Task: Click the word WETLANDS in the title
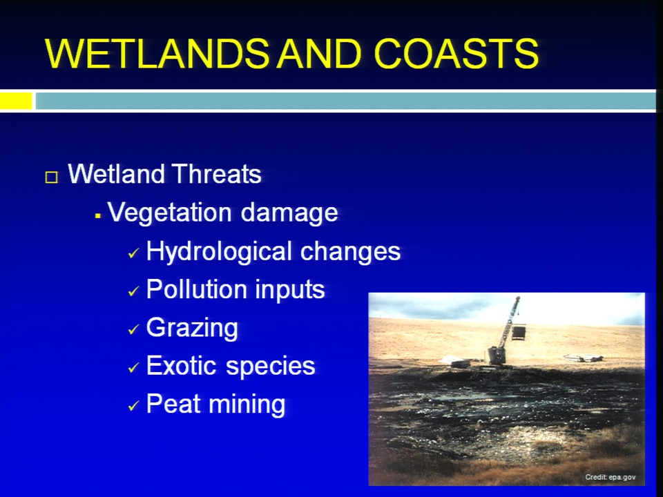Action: pyautogui.click(x=157, y=54)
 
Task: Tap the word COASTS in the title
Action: pyautogui.click(x=457, y=54)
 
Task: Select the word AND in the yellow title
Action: pyautogui.click(x=319, y=54)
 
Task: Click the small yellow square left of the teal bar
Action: pyautogui.click(x=16, y=101)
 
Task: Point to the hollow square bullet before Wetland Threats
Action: pyautogui.click(x=52, y=177)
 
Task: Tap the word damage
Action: pyautogui.click(x=289, y=213)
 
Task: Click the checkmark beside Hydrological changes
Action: pyautogui.click(x=133, y=253)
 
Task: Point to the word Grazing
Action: pyautogui.click(x=193, y=329)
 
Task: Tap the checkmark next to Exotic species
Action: pyautogui.click(x=133, y=368)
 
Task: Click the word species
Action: pyautogui.click(x=271, y=367)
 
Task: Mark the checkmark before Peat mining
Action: pyautogui.click(x=133, y=406)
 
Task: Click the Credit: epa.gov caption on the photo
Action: pyautogui.click(x=610, y=477)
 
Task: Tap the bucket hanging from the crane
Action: pyautogui.click(x=519, y=333)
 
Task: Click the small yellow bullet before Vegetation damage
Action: pyautogui.click(x=98, y=216)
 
